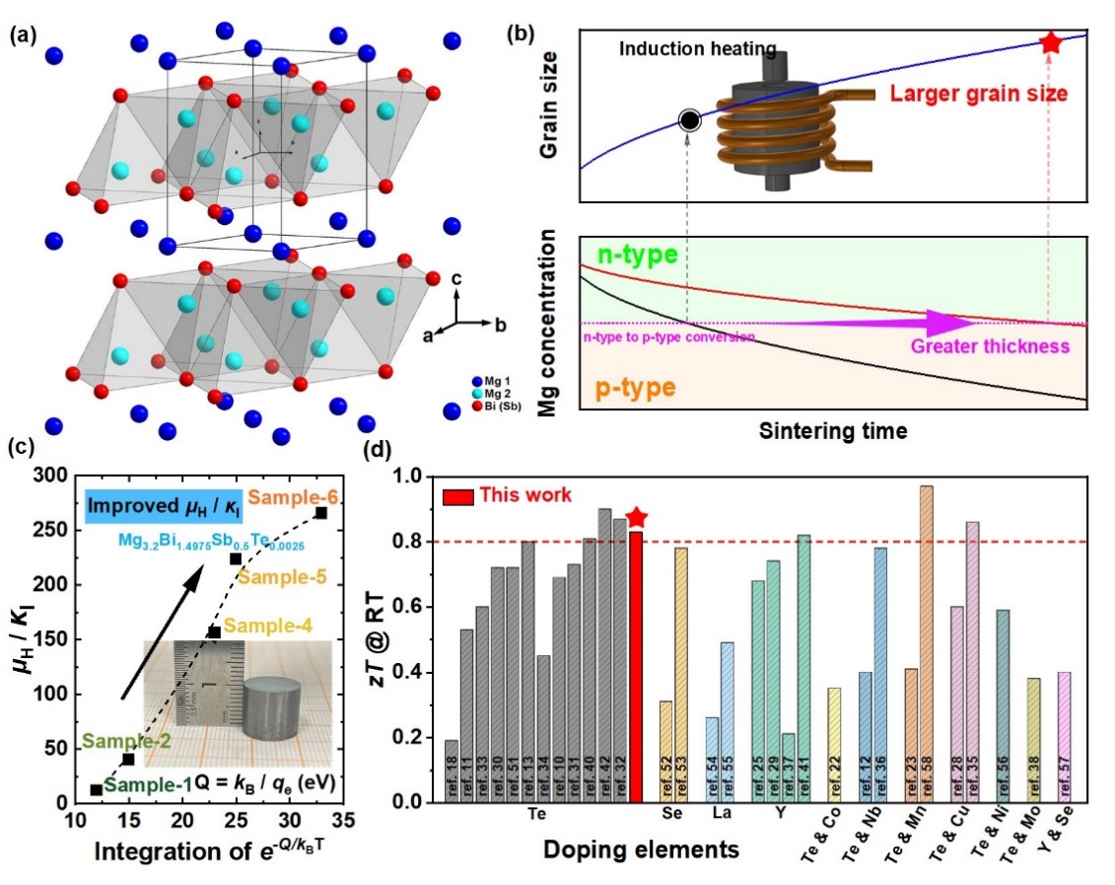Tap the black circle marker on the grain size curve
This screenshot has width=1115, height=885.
(x=690, y=120)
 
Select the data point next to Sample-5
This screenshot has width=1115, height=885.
(x=236, y=559)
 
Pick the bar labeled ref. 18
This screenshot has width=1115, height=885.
(x=451, y=771)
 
